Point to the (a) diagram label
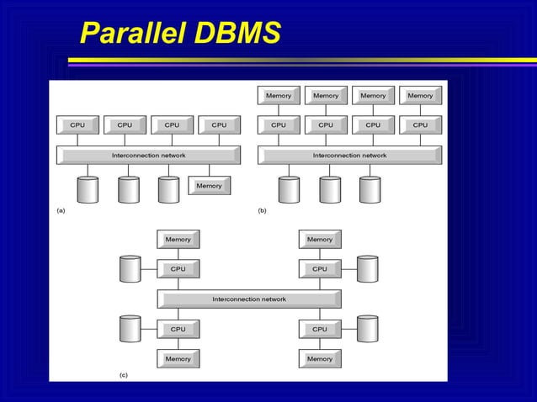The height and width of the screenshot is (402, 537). tap(60, 210)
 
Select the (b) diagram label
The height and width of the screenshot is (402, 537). tap(262, 210)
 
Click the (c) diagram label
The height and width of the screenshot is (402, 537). tap(123, 374)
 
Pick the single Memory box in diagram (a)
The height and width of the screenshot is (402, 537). tap(209, 186)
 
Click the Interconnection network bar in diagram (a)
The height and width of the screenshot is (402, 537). tap(148, 156)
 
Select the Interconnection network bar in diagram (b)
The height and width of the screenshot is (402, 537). tap(349, 156)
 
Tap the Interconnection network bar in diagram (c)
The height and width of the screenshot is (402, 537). tap(249, 299)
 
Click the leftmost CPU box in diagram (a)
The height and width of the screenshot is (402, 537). tap(77, 125)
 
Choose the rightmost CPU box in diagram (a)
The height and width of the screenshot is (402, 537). tap(219, 125)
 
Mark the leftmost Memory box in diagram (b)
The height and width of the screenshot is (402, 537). tap(279, 96)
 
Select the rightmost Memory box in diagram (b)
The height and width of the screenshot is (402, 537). tap(420, 96)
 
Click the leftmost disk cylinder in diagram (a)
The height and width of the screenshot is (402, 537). tap(88, 189)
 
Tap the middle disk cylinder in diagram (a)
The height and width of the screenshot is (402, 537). tap(128, 189)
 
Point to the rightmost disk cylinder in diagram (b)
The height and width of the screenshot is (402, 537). tap(370, 189)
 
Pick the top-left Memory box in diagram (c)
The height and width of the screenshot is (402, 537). tap(178, 240)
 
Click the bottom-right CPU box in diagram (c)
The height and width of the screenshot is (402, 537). tap(320, 330)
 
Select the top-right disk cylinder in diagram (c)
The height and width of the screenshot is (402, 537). tap(367, 269)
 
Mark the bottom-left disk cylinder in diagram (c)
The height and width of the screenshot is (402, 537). tap(130, 329)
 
